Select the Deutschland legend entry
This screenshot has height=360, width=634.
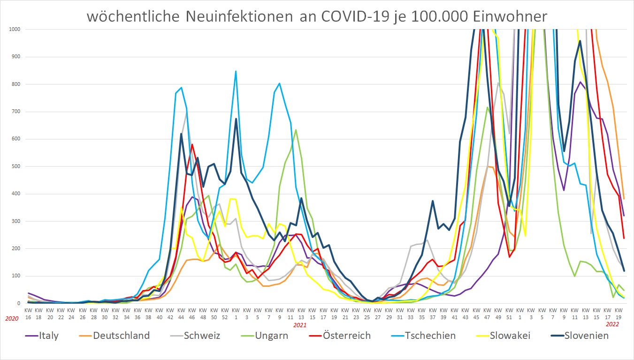(x=121, y=336)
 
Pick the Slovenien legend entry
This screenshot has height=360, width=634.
(x=587, y=336)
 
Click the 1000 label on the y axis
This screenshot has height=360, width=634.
(x=14, y=29)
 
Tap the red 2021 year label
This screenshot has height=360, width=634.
(x=300, y=325)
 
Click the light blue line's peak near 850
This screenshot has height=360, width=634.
(x=236, y=71)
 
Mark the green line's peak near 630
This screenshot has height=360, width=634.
(x=296, y=130)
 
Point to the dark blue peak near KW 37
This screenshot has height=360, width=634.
(x=433, y=201)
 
